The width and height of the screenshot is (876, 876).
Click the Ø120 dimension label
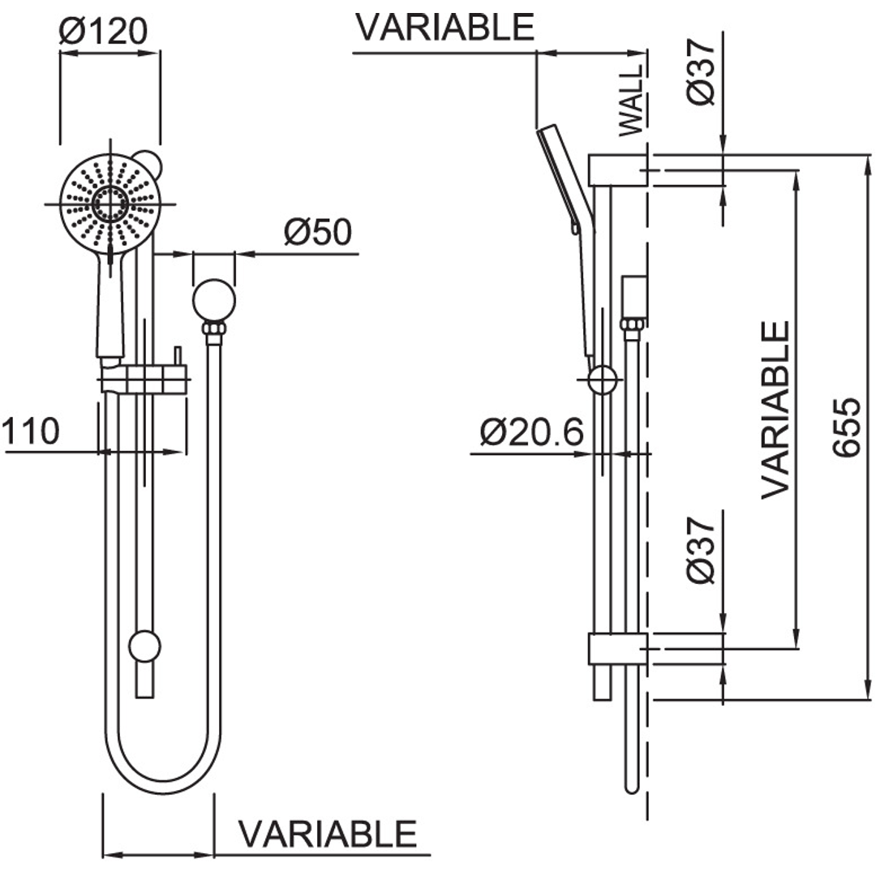[104, 31]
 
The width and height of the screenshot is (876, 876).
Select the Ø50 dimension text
[317, 233]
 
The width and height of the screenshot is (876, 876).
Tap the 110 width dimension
[31, 432]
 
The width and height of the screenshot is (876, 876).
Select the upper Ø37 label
[702, 71]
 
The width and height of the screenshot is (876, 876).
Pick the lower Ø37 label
[702, 549]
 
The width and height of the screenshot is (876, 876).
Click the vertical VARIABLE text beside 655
[775, 410]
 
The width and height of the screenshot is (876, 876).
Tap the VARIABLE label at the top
[445, 27]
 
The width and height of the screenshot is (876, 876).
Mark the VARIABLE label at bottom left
[328, 834]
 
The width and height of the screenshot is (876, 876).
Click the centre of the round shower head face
[109, 202]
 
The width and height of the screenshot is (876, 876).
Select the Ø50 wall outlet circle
[214, 299]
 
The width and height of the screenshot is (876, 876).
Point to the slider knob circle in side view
[602, 379]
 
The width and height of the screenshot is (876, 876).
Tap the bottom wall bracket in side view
[616, 649]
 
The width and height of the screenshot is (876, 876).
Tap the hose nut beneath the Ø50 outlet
[214, 329]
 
